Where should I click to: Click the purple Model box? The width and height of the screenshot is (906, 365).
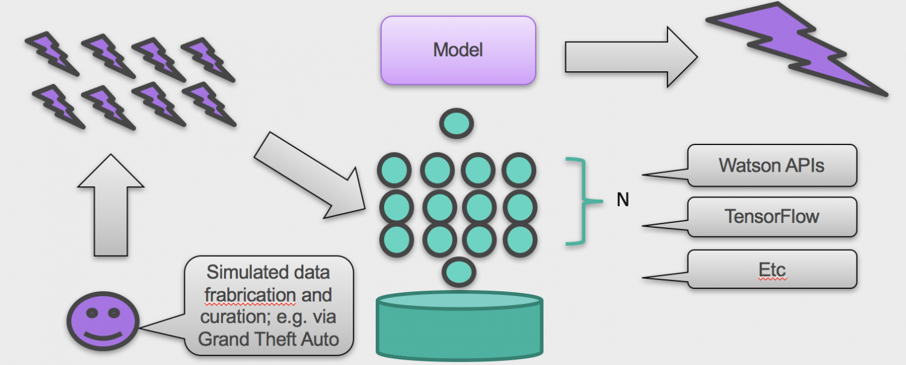[x=458, y=50]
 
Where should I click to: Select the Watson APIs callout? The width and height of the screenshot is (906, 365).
[x=771, y=165]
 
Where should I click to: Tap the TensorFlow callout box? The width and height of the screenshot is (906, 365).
[x=771, y=216]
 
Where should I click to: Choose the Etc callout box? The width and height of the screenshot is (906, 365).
[x=771, y=268]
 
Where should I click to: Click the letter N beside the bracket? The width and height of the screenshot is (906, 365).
[x=623, y=200]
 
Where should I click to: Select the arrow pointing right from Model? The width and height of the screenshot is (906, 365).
[x=628, y=57]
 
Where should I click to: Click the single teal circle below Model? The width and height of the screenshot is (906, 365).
[x=457, y=123]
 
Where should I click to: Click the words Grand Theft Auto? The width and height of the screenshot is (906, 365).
[x=268, y=339]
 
